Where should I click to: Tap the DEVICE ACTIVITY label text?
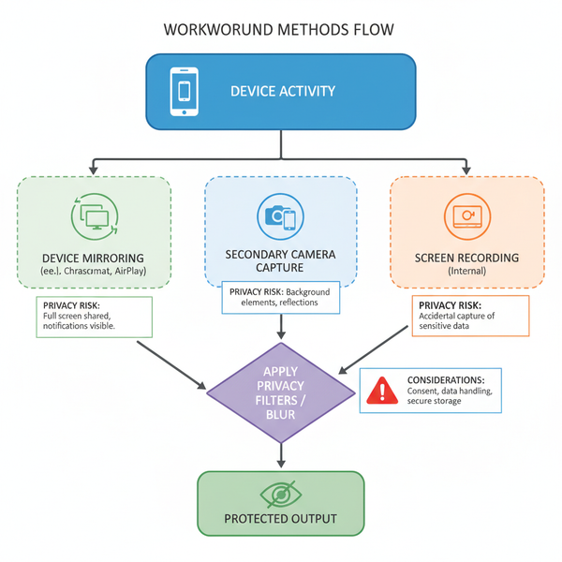point(282,92)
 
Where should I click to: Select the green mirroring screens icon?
point(94,216)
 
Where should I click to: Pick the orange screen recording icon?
point(467,216)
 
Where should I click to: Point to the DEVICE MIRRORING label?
point(94,258)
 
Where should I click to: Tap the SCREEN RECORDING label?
point(467,257)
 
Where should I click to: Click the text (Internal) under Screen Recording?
point(467,271)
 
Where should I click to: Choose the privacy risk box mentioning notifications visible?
point(93,317)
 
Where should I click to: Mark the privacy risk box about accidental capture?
point(470,316)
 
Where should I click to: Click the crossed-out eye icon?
point(281,494)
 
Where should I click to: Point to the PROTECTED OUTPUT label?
point(281,519)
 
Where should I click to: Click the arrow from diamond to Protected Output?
point(281,454)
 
